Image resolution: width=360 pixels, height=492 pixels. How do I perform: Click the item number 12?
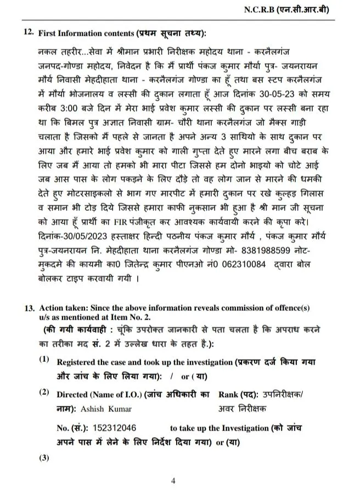pos(29,33)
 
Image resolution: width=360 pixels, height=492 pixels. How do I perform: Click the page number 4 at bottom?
pos(173,481)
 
